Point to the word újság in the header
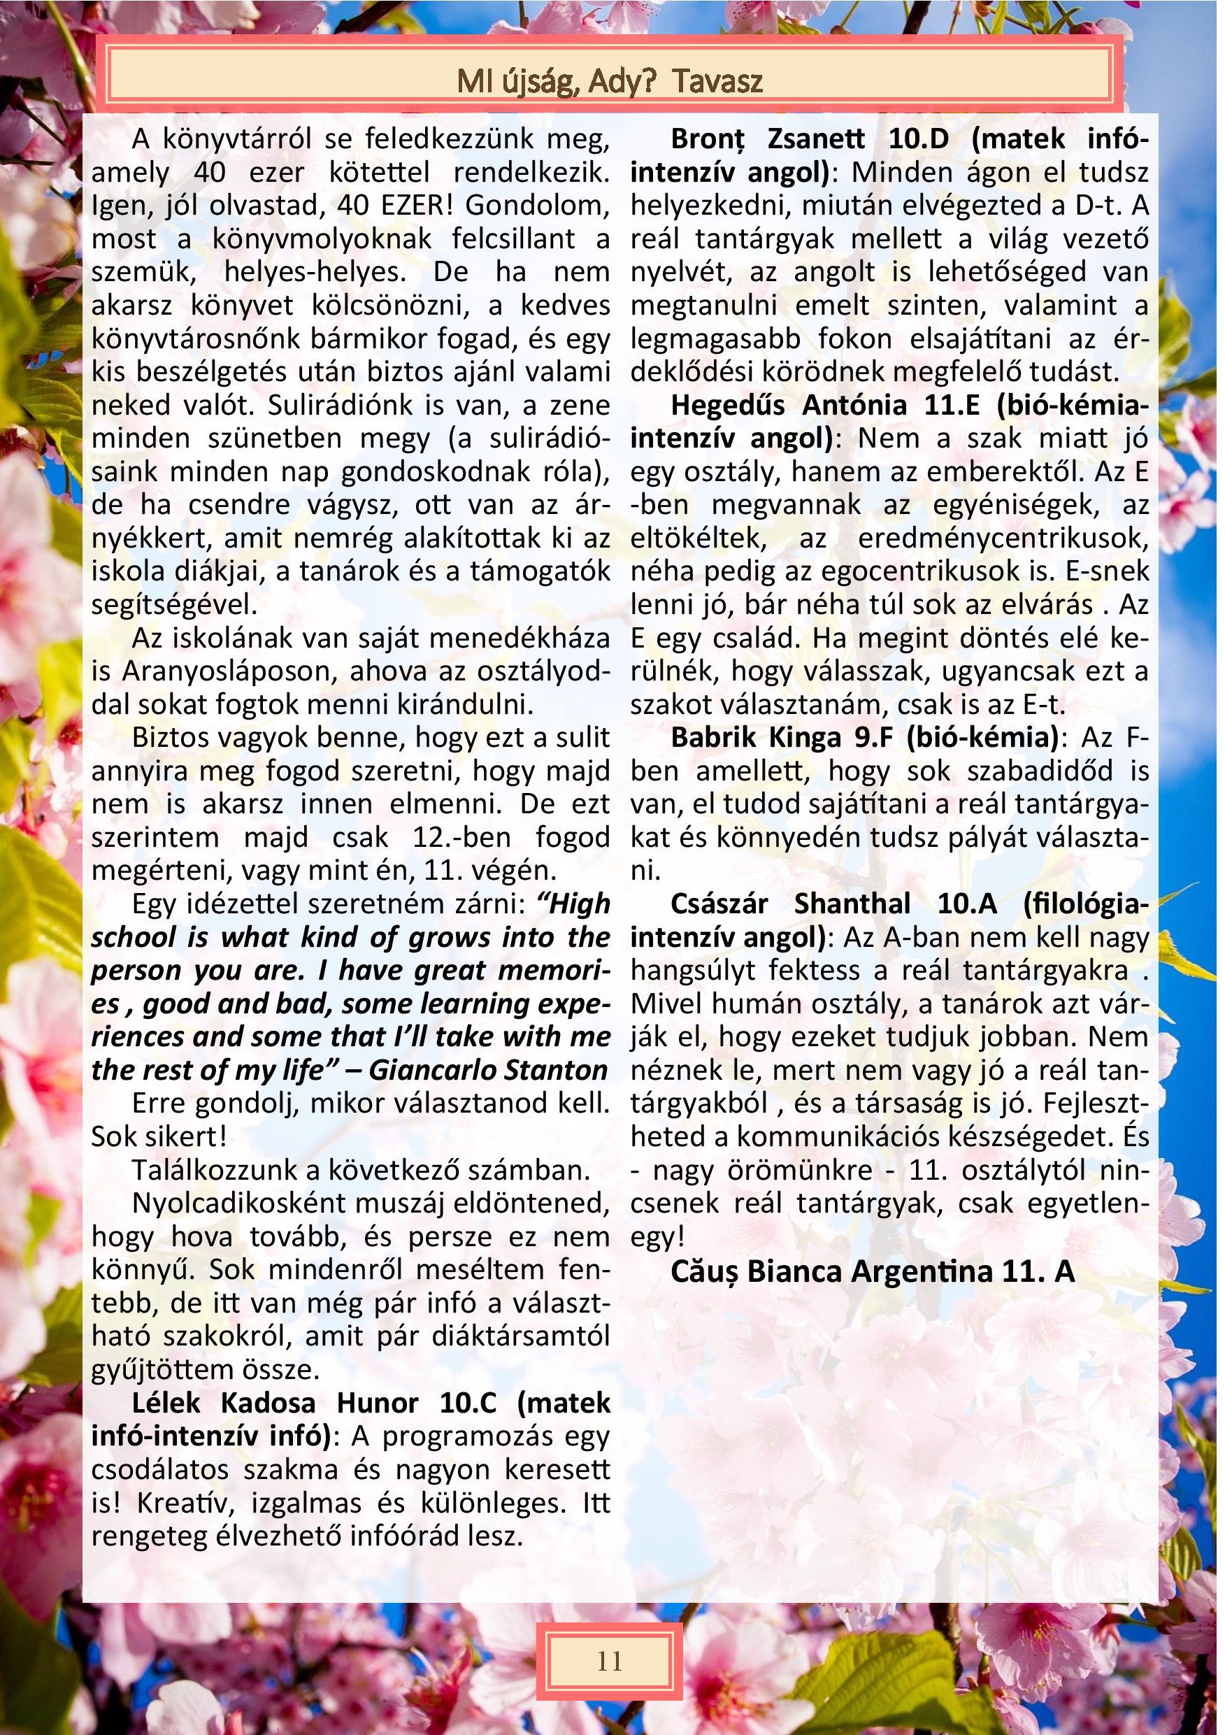pyautogui.click(x=532, y=81)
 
